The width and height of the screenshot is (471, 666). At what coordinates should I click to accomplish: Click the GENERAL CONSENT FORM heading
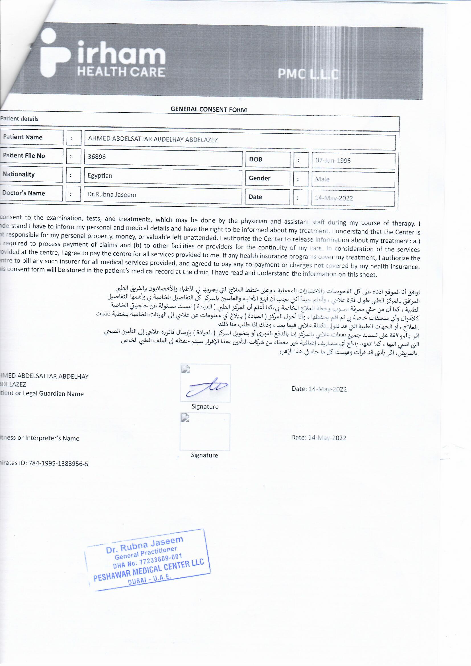click(x=208, y=110)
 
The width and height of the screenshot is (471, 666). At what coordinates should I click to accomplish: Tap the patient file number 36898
click(x=97, y=157)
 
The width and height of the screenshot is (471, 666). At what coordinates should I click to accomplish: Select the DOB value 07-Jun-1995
click(x=333, y=161)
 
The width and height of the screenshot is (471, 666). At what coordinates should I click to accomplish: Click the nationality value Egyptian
click(x=100, y=175)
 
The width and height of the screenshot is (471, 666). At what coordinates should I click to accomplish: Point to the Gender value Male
click(x=322, y=179)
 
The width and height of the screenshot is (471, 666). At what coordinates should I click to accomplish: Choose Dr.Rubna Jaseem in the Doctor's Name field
click(x=112, y=195)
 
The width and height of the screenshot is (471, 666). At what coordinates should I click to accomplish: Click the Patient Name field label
click(x=22, y=137)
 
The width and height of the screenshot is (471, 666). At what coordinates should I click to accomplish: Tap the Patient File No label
click(x=24, y=156)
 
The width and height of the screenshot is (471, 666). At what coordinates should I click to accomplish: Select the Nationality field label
click(x=19, y=174)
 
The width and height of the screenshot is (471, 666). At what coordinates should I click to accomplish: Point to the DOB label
click(x=255, y=159)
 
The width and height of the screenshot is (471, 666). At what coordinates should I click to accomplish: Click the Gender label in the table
click(x=259, y=178)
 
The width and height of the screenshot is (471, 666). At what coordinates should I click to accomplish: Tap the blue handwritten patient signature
click(x=206, y=386)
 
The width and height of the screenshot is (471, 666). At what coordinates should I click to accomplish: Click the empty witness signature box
click(x=205, y=432)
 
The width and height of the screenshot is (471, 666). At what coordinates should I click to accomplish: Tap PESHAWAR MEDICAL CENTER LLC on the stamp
click(x=148, y=571)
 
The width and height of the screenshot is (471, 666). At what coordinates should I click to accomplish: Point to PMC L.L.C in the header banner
click(x=308, y=74)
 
